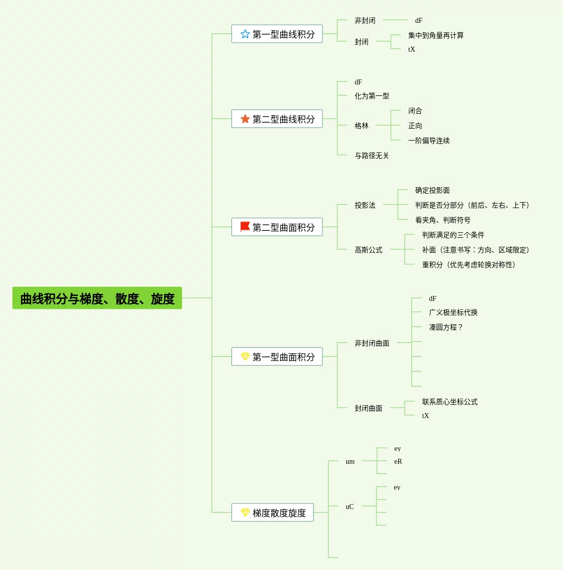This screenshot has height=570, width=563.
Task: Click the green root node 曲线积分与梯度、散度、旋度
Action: click(97, 298)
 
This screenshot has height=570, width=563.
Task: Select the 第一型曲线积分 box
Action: click(277, 34)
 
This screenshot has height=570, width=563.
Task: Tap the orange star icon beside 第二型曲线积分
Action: click(245, 119)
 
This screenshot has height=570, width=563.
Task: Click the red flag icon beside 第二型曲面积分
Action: click(245, 227)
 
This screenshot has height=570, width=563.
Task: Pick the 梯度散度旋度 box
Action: click(272, 512)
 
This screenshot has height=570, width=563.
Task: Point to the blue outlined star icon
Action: click(245, 34)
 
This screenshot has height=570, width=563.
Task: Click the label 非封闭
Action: click(365, 20)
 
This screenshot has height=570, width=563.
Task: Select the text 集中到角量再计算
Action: click(436, 35)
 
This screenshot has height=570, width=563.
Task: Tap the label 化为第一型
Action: click(372, 96)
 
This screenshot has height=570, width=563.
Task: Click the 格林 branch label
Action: click(362, 126)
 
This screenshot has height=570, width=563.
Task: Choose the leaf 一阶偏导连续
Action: click(429, 141)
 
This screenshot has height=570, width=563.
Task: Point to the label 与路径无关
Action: click(372, 155)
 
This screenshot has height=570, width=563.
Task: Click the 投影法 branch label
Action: click(365, 205)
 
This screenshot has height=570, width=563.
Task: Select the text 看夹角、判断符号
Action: click(443, 220)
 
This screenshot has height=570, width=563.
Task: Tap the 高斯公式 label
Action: click(369, 250)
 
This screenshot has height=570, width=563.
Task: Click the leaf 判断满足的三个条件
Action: click(453, 235)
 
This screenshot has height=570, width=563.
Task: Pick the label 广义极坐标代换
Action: click(453, 312)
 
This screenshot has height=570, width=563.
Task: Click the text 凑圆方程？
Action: click(446, 327)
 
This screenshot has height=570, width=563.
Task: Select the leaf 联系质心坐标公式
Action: click(450, 402)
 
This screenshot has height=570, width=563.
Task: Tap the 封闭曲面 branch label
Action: click(369, 408)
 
